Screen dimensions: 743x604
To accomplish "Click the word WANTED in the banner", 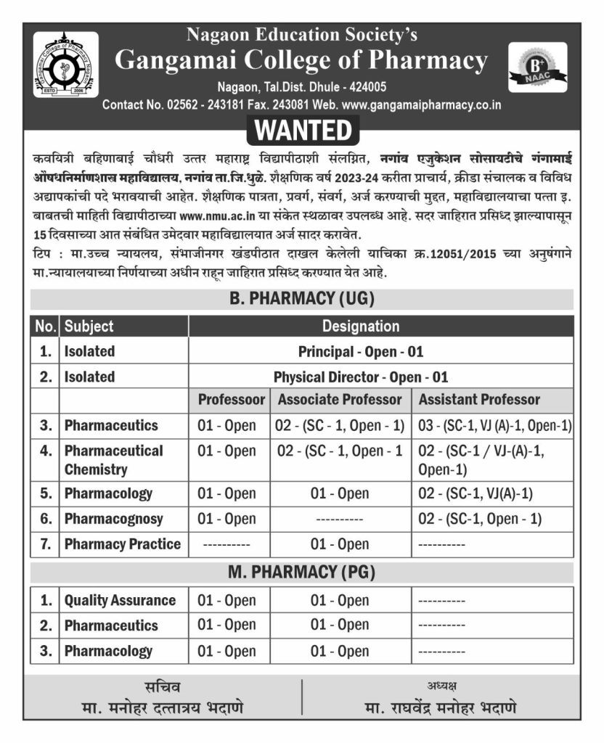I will [303, 131].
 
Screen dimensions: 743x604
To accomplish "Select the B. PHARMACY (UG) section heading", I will [301, 298].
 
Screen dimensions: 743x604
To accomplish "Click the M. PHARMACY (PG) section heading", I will [301, 572].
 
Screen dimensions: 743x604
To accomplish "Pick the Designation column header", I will [361, 326].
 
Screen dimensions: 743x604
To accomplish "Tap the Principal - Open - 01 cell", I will [361, 352].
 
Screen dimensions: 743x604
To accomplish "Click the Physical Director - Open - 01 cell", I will [361, 377].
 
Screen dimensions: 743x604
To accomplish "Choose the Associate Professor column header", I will [340, 400].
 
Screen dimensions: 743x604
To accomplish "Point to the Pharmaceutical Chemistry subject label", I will [113, 460].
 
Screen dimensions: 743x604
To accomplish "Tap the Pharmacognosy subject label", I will [113, 519].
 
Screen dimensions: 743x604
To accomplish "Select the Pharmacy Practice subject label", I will [123, 544].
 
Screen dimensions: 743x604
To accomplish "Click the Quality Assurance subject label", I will [120, 600].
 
